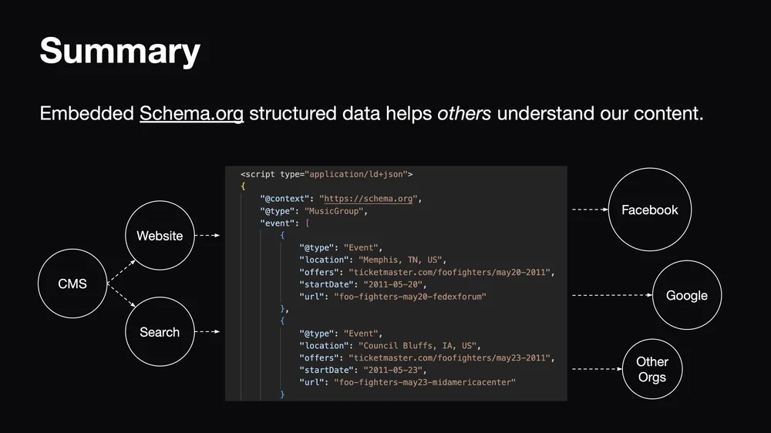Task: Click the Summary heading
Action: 120,52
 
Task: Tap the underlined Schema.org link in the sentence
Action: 191,114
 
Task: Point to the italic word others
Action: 464,114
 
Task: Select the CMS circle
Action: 72,284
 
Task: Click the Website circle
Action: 160,236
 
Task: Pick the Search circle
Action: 160,332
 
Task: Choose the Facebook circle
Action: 649,210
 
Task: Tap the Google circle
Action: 686,295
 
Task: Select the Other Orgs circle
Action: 652,369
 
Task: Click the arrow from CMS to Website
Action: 121,271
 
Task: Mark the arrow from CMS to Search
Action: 121,297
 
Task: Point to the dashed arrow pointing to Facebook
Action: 590,209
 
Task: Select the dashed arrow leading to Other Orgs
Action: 597,369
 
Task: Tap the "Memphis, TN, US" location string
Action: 402,260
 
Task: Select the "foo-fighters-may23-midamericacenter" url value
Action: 424,382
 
